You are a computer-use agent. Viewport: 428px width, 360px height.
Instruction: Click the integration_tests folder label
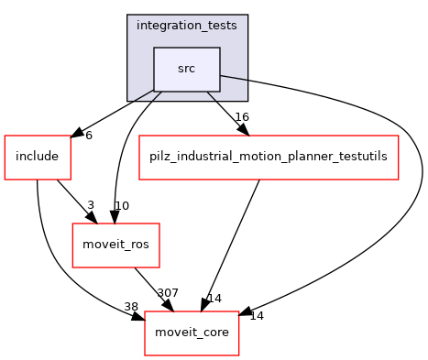click(x=186, y=25)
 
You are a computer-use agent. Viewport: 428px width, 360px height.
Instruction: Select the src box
click(x=186, y=69)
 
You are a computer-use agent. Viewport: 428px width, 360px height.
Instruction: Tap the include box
click(x=38, y=157)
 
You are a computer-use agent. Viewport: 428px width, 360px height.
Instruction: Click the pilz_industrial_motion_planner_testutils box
click(x=268, y=157)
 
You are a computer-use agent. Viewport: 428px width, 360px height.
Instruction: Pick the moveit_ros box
click(x=104, y=245)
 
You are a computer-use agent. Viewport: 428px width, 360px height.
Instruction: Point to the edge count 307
click(x=167, y=293)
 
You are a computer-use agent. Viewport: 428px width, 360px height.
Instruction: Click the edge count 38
click(x=132, y=307)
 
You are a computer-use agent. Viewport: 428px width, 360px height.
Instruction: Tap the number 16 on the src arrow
click(x=242, y=117)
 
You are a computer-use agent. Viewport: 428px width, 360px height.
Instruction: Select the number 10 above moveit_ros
click(x=121, y=205)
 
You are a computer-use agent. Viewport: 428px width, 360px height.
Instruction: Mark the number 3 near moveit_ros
click(x=90, y=205)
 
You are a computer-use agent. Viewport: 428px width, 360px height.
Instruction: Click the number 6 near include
click(x=89, y=135)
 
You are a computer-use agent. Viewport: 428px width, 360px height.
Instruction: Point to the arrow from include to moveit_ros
click(x=73, y=198)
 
